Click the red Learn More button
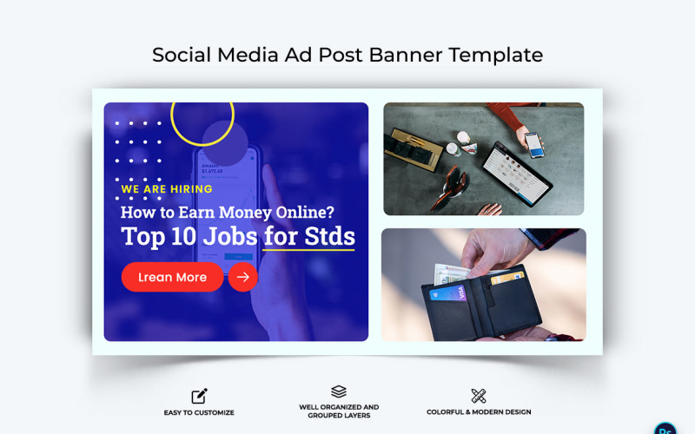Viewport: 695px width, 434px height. [x=172, y=277]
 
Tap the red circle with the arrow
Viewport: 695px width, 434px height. [x=243, y=277]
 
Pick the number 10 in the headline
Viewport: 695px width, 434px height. [x=182, y=236]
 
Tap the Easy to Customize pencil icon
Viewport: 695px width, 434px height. [x=199, y=396]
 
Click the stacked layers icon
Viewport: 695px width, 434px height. [x=339, y=392]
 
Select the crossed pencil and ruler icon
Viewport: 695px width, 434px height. [x=479, y=396]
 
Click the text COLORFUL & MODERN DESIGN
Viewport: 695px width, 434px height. [x=479, y=412]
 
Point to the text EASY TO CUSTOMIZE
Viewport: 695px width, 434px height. [x=199, y=412]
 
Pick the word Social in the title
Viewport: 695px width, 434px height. [x=182, y=55]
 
